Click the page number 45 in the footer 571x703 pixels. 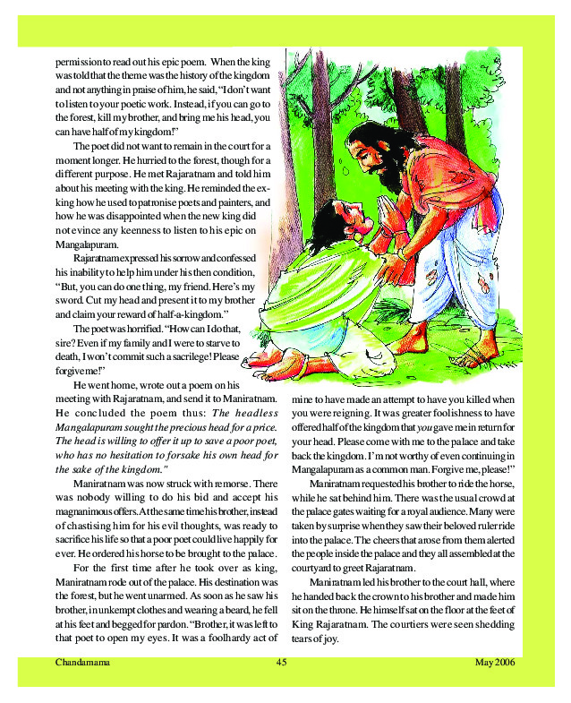pyautogui.click(x=280, y=663)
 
